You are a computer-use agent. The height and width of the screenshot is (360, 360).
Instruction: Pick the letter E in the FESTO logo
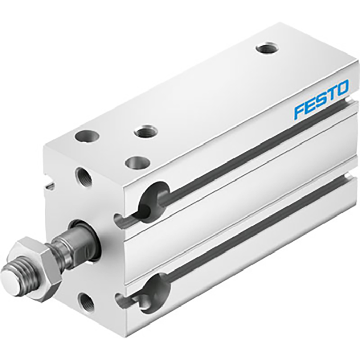click(310, 105)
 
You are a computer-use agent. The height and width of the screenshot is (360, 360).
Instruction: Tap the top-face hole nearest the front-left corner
click(84, 137)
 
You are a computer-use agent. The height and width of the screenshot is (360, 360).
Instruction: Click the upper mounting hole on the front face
click(83, 176)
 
